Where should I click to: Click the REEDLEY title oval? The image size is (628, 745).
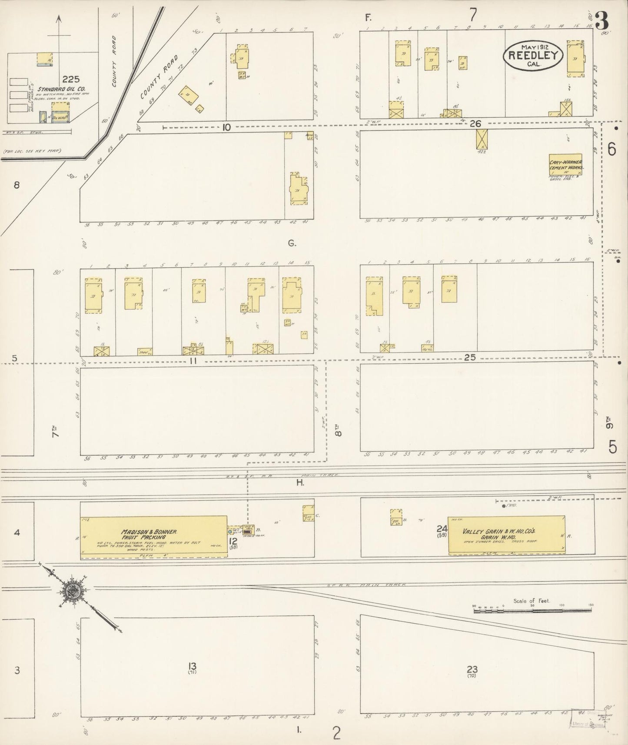click(x=533, y=56)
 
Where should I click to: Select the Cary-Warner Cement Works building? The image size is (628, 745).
click(x=565, y=165)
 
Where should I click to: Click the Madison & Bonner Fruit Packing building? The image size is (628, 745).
click(x=153, y=537)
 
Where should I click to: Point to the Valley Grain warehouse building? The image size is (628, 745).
click(x=507, y=535)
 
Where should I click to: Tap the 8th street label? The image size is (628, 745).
click(x=339, y=430)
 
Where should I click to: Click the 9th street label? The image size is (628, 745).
click(x=611, y=423)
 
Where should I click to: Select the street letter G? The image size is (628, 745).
click(x=292, y=243)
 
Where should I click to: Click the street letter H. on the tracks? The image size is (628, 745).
click(x=300, y=482)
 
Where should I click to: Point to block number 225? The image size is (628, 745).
click(x=71, y=79)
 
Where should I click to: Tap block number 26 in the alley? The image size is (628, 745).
click(x=475, y=124)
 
